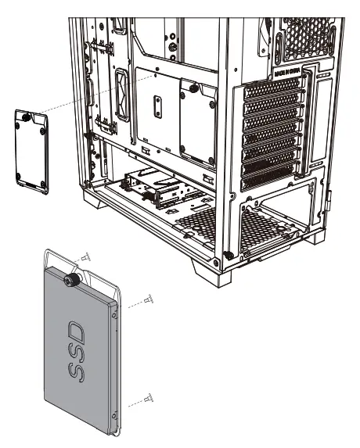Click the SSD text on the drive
[79, 346]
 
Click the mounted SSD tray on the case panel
[197, 121]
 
